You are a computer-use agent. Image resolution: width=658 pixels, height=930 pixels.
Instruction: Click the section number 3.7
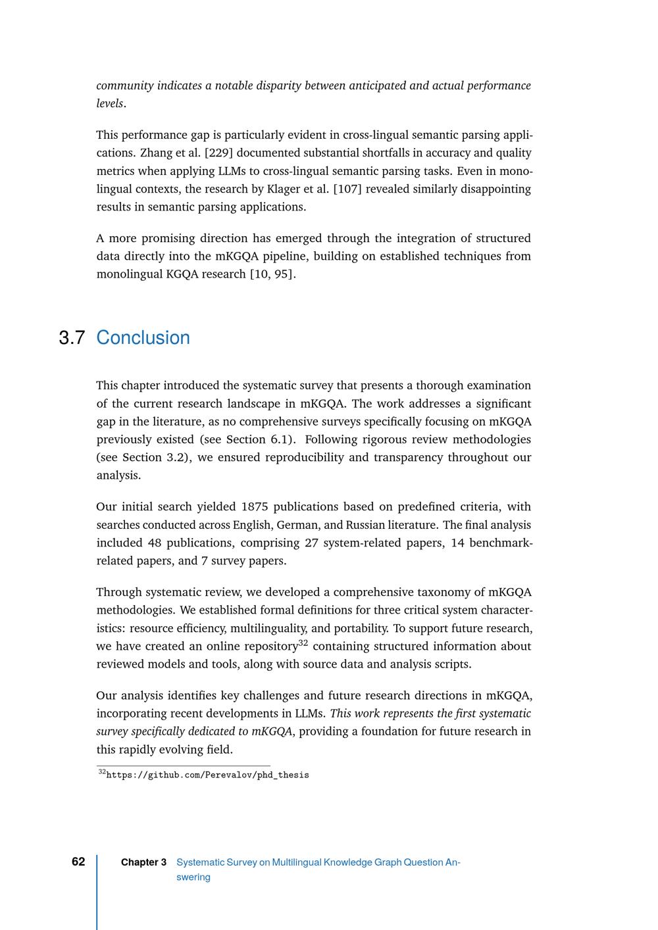coord(72,338)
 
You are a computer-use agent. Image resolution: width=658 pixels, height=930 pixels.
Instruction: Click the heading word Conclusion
coord(143,338)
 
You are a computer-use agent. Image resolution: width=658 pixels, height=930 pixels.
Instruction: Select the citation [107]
coord(347,189)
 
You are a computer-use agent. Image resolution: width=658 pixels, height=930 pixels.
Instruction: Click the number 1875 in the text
coord(254,507)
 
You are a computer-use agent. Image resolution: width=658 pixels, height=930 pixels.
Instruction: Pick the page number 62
coord(78,862)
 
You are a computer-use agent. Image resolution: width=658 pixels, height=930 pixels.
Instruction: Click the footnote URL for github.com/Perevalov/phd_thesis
coord(207,775)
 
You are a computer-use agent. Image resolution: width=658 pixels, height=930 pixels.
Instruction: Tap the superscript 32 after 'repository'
coord(303,643)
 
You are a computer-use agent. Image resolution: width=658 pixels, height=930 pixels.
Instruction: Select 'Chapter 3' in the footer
coord(143,862)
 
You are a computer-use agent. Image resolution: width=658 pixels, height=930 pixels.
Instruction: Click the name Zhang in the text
coord(156,153)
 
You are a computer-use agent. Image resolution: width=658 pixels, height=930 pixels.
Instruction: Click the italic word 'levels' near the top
coord(109,104)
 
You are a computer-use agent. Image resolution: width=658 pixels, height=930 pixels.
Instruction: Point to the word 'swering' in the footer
coord(193,877)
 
